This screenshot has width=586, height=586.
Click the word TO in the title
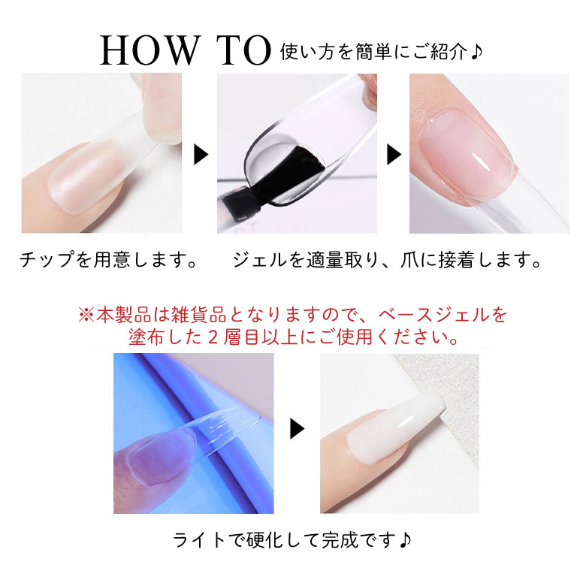pos(243,51)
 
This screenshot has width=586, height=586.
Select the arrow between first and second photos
pos(201,155)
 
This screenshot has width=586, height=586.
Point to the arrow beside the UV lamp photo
pos(298,429)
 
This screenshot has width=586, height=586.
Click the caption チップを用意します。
pos(108,261)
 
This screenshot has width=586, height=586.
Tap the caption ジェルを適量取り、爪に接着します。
pos(387,261)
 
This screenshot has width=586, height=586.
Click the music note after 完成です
pos(404,540)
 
